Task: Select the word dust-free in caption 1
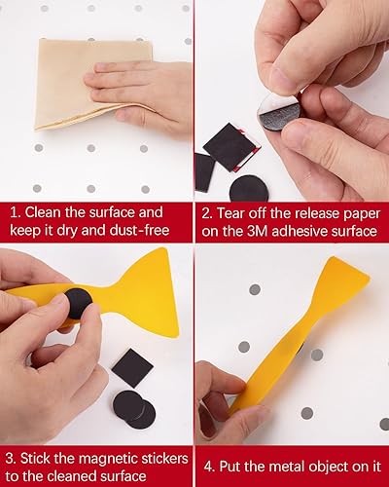[146, 231]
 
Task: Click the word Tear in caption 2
[241, 211]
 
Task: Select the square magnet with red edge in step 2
[231, 146]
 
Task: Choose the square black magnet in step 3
[132, 367]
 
